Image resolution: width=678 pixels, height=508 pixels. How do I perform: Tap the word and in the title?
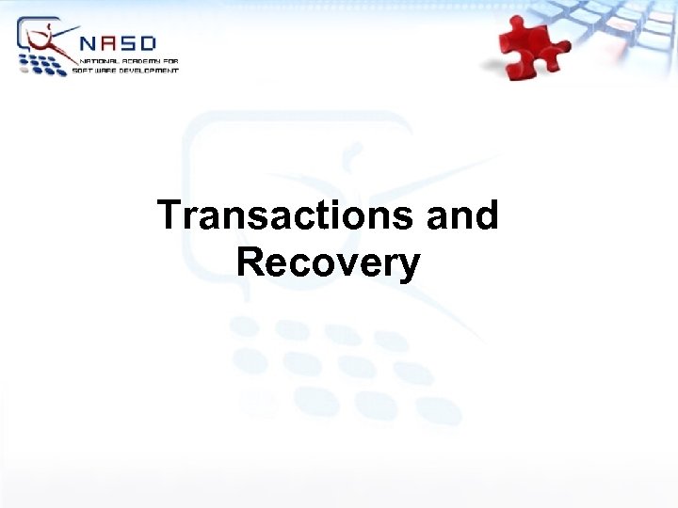tap(462, 215)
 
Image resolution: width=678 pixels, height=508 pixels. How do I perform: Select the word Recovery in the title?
tap(328, 262)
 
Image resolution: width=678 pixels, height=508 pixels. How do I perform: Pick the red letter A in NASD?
tap(111, 44)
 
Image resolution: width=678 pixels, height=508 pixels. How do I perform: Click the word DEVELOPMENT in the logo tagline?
tap(149, 70)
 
